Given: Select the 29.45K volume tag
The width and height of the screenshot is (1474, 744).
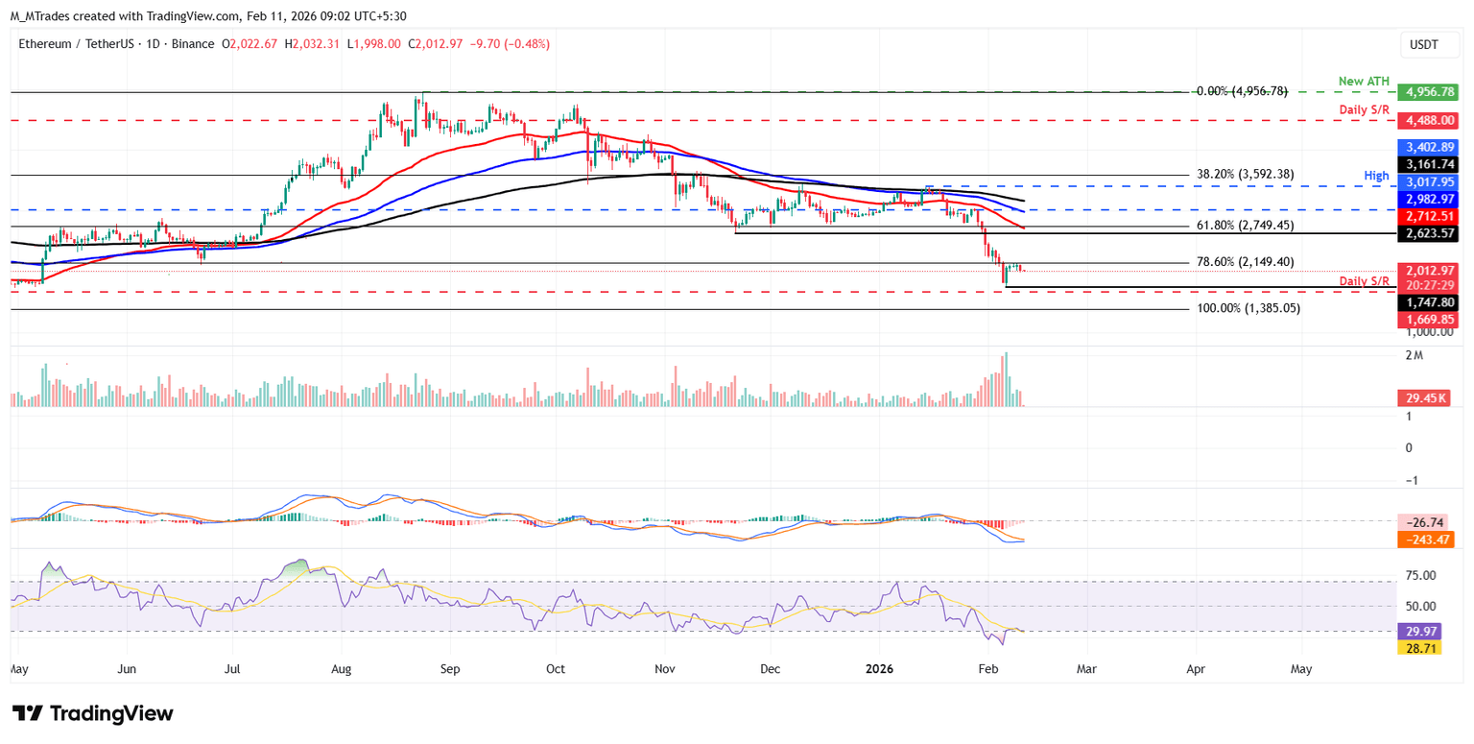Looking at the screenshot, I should point(1426,397).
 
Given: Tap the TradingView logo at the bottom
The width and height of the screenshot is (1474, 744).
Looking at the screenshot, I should point(93,713).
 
